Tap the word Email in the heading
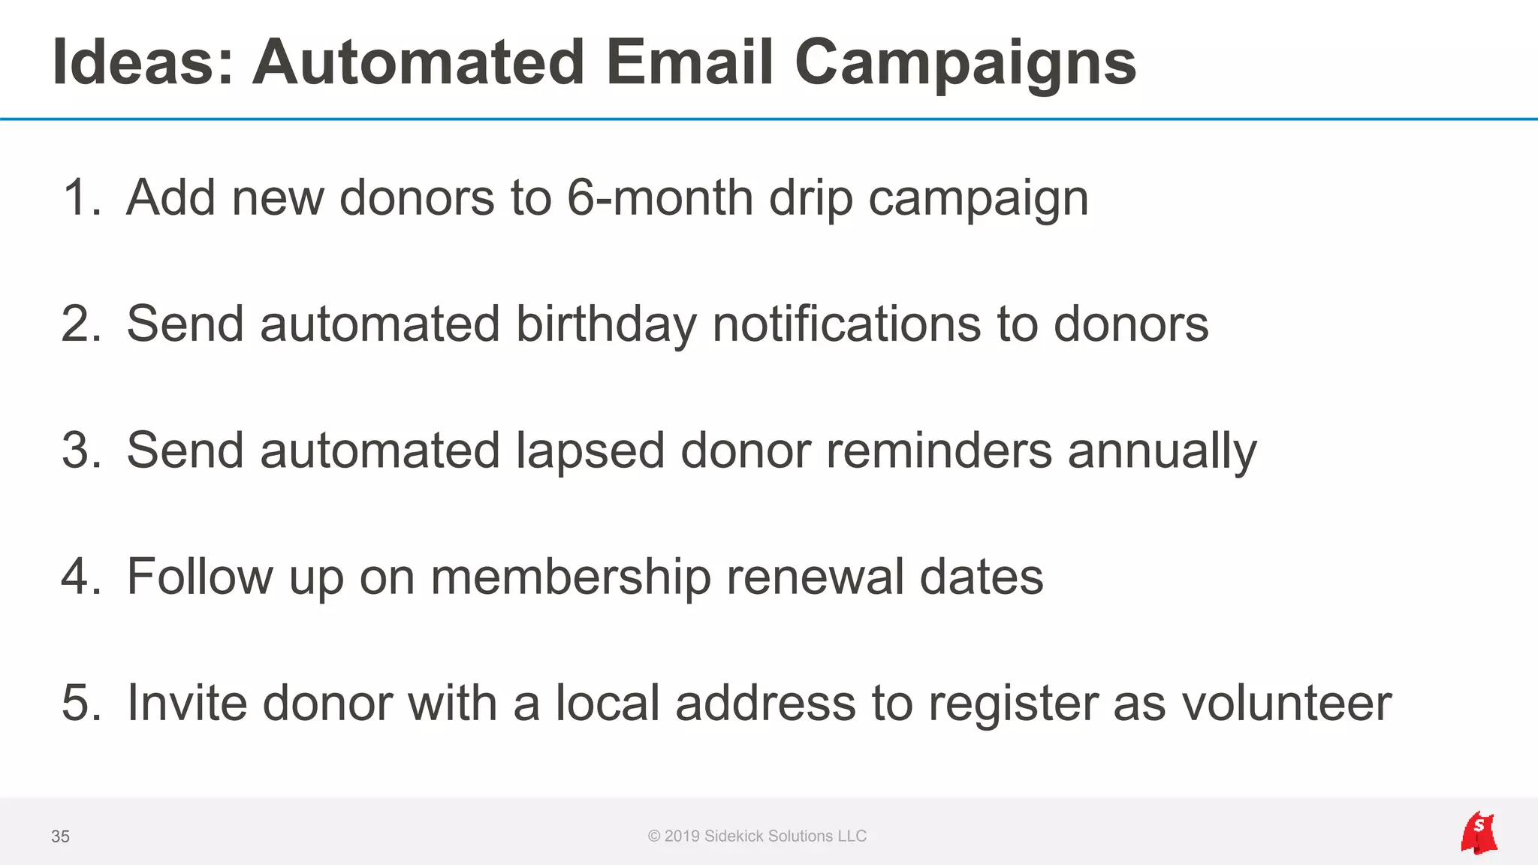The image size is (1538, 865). point(689,63)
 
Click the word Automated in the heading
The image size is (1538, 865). point(418,63)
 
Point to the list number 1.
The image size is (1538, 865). point(80,198)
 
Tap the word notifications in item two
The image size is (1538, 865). point(846,324)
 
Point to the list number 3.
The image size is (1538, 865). point(80,451)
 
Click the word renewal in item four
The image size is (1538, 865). point(815,577)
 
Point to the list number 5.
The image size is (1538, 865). point(80,704)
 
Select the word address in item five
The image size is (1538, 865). point(765,704)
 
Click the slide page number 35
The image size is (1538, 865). point(60,836)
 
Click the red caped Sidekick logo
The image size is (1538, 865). point(1479,833)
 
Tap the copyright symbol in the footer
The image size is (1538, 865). point(654,836)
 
